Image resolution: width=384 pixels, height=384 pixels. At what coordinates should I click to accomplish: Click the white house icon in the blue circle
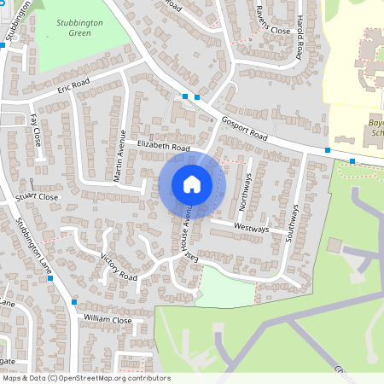pos(191,184)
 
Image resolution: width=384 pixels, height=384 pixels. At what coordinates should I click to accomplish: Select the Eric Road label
pos(73,88)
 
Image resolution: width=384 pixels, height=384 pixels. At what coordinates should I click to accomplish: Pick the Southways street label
pos(293,223)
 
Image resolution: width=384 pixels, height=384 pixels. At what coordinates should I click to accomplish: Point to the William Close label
pos(108,320)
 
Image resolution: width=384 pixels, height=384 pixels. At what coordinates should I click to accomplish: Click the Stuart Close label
pos(36,197)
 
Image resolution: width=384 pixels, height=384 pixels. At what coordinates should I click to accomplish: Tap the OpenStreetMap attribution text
pos(85,378)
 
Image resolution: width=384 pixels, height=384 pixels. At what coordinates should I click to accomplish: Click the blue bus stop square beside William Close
pos(75,302)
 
